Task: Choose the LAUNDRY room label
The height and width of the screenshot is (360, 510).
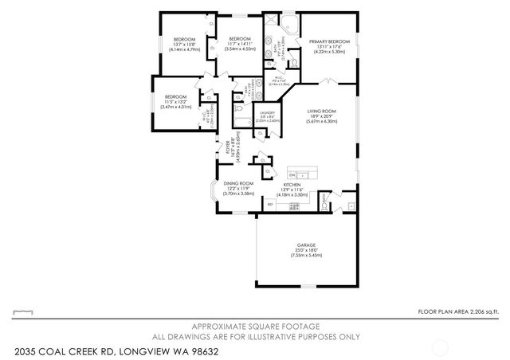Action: tap(267, 113)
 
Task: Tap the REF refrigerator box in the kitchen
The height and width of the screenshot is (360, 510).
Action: tap(270, 205)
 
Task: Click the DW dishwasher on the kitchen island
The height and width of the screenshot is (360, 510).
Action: tap(293, 174)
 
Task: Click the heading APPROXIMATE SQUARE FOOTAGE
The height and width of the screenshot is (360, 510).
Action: tap(254, 327)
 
